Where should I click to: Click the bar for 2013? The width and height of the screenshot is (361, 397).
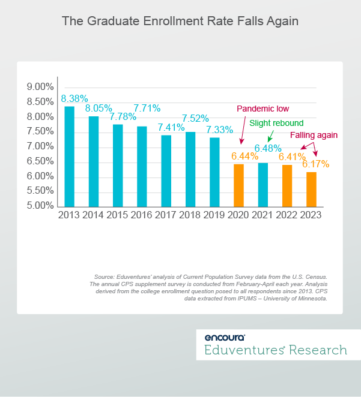(x=70, y=157)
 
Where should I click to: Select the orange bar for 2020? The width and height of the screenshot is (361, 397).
(x=238, y=185)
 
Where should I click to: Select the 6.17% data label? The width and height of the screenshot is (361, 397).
(x=315, y=164)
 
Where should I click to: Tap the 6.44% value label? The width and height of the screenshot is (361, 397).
(x=243, y=155)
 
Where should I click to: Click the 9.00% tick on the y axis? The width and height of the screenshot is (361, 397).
(x=40, y=87)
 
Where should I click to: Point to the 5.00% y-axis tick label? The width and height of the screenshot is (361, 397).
(x=40, y=206)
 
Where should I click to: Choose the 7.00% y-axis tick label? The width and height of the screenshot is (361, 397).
(x=40, y=146)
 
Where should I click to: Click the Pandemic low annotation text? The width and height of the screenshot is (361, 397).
(x=262, y=109)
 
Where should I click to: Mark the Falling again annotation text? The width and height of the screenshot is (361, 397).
(x=314, y=136)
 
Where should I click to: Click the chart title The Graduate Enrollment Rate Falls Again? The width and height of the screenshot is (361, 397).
(x=180, y=21)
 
